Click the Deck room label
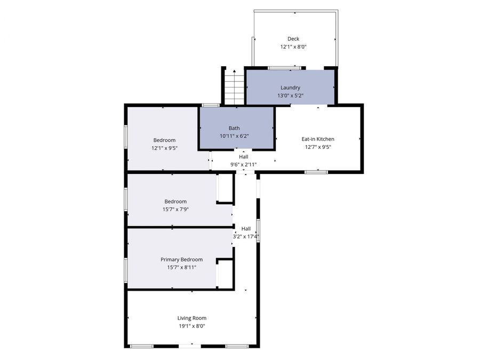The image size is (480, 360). click(293, 38)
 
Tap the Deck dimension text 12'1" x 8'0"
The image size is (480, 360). click(293, 47)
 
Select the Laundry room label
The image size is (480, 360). click(290, 87)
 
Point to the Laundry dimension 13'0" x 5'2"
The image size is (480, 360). click(290, 95)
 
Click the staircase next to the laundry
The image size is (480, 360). click(233, 87)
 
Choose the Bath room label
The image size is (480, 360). click(234, 128)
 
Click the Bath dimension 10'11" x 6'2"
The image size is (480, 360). click(234, 136)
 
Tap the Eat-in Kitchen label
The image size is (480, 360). click(318, 139)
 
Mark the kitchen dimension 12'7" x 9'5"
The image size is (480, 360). click(318, 147)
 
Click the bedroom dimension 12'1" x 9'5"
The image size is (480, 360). click(164, 148)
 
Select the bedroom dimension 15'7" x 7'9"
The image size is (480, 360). click(175, 209)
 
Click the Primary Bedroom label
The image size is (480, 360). click(181, 259)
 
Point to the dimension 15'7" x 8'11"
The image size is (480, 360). click(181, 267)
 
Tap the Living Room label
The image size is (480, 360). click(192, 318)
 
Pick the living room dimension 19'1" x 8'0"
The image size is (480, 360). click(192, 326)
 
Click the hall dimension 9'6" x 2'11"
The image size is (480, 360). click(243, 165)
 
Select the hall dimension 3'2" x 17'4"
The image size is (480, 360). click(246, 236)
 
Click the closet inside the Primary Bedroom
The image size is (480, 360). click(225, 274)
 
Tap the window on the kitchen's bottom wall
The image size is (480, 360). click(316, 172)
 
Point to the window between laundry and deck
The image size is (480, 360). click(284, 68)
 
